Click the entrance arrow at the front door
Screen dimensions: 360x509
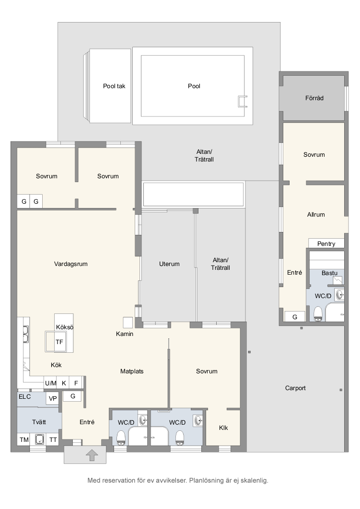(x=92, y=455)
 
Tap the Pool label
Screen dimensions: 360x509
(x=194, y=86)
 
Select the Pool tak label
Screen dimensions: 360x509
(x=114, y=86)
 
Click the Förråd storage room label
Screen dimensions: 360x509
(x=314, y=98)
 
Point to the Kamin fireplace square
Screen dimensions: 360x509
(x=128, y=322)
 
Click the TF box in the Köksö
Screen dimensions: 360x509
(x=59, y=342)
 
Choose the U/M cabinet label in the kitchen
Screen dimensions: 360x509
(x=51, y=383)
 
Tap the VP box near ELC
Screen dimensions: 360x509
(x=53, y=399)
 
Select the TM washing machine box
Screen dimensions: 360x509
(x=24, y=440)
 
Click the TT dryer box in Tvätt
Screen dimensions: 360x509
(x=53, y=440)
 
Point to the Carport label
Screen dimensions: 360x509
(x=295, y=388)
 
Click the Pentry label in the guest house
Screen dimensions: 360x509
(x=326, y=244)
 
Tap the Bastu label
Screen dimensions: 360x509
(x=329, y=273)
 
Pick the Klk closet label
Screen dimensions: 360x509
(x=223, y=428)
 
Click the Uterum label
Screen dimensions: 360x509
(x=169, y=264)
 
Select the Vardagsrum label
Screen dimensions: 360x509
(x=71, y=264)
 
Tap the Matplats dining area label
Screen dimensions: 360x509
(x=132, y=371)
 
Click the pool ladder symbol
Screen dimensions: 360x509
(x=243, y=101)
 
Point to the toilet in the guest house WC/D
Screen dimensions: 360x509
(x=318, y=314)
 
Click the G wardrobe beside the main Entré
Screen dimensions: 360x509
(x=73, y=396)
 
